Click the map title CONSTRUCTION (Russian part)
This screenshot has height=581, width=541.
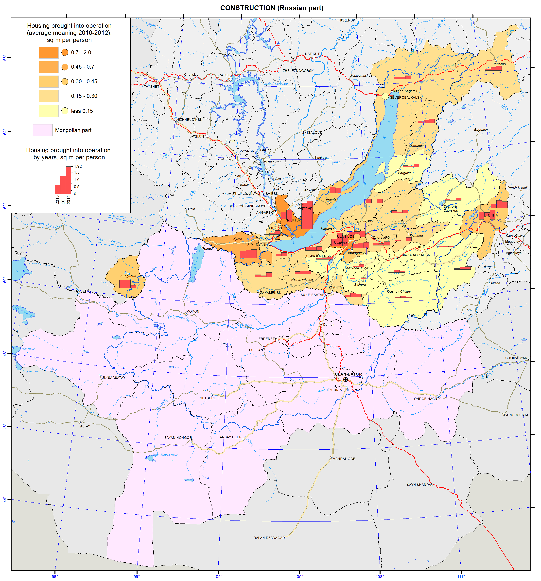(272, 8)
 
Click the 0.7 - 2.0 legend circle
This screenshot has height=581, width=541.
(65, 53)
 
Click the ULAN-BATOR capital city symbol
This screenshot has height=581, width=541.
(345, 379)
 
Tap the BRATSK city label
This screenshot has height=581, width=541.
(223, 75)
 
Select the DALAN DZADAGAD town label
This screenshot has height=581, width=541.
(269, 538)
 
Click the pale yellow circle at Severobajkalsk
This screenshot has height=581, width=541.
(385, 96)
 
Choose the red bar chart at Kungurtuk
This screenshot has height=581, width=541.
(127, 284)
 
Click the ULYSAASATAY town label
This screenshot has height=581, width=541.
(113, 378)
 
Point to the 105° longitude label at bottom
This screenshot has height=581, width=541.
(299, 577)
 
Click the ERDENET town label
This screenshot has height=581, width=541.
(266, 339)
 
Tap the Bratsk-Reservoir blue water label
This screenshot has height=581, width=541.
(274, 84)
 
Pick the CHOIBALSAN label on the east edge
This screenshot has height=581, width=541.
(516, 358)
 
